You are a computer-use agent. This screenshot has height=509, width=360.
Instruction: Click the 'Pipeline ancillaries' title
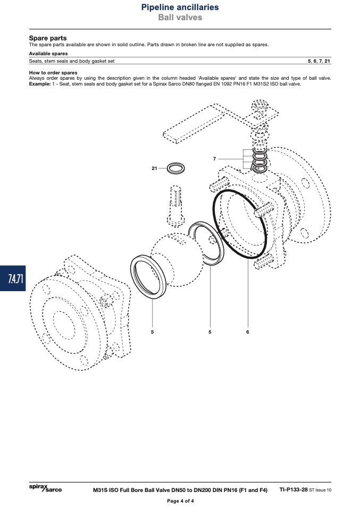tap(180, 7)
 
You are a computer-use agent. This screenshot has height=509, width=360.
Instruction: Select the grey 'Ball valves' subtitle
tap(180, 17)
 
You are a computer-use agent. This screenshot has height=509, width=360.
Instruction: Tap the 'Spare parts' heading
tap(48, 38)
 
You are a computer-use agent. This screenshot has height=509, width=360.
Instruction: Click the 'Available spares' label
tap(48, 54)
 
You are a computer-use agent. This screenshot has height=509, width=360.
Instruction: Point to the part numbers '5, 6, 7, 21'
tap(319, 61)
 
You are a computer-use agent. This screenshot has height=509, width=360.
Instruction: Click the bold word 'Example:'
tap(40, 84)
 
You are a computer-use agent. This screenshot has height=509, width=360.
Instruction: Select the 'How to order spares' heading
tap(53, 73)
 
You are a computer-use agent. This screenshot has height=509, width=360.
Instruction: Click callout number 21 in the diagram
tap(154, 168)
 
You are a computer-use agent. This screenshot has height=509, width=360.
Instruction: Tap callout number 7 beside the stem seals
tap(214, 159)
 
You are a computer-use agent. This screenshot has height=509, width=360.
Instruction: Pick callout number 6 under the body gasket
tap(248, 332)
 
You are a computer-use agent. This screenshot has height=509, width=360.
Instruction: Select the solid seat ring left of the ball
tap(148, 277)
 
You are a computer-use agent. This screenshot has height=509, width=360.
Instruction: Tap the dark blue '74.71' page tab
tap(13, 278)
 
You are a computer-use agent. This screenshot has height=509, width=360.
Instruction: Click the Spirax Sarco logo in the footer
tap(45, 488)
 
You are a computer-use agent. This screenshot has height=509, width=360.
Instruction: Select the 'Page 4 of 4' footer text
tap(180, 501)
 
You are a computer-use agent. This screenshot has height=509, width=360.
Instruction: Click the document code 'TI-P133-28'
tap(294, 489)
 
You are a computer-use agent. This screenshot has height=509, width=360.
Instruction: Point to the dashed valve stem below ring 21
tap(176, 207)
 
